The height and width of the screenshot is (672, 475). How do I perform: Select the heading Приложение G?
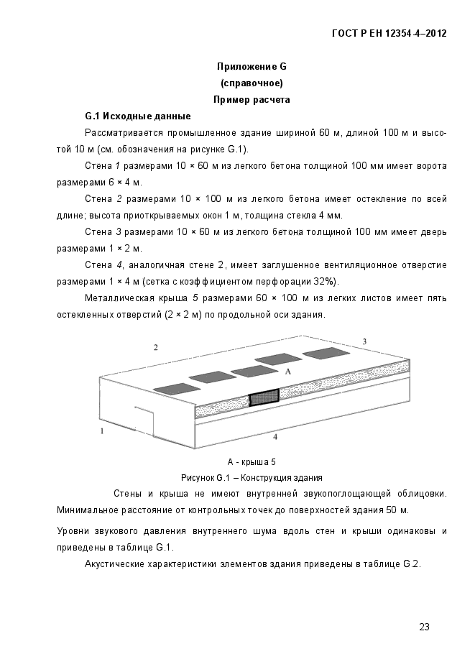point(252,67)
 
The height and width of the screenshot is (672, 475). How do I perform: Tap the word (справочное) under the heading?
point(252,83)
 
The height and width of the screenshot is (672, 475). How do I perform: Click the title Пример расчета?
point(252,100)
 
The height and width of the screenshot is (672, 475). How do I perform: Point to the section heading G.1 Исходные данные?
point(137,116)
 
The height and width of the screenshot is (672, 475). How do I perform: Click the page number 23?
point(424,627)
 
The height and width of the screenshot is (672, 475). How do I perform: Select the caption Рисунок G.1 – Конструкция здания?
point(252,477)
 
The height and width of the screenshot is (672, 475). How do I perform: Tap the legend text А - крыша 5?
point(252,462)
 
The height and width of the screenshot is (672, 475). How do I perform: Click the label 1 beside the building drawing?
point(102,431)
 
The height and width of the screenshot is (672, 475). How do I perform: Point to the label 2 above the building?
point(155,348)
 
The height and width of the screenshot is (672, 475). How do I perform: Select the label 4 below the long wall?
point(275,436)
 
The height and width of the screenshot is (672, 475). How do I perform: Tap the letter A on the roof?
point(287,372)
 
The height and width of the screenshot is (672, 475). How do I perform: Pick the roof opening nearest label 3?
point(325,351)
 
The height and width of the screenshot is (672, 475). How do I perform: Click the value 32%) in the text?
point(324,281)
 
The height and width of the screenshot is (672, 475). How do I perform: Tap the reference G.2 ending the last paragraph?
point(411,563)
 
